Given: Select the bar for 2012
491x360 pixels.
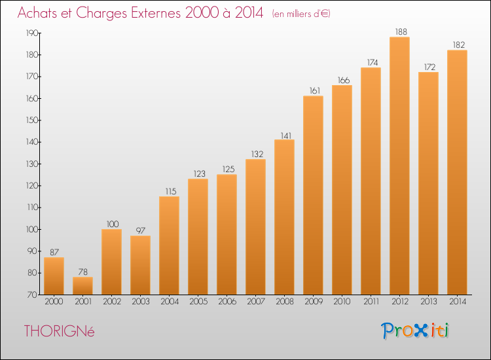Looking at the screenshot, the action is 399,166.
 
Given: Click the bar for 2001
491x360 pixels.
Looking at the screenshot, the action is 82,286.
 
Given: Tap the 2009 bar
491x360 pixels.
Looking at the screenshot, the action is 313,195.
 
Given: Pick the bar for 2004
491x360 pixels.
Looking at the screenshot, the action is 169,245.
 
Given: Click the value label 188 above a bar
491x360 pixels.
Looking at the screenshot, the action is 401,31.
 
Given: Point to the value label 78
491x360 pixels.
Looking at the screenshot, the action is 83,272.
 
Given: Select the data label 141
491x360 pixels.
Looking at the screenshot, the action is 286,136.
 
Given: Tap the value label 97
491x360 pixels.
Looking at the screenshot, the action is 141,230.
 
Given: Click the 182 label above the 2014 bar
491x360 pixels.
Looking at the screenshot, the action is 459,45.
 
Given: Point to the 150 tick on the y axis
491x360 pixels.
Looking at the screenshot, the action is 32,120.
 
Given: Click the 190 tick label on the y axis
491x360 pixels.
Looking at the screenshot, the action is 32,33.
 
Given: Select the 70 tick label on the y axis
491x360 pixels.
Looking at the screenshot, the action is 33,295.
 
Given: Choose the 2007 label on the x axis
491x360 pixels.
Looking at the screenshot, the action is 256,302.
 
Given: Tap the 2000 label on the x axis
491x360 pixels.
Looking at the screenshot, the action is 54,302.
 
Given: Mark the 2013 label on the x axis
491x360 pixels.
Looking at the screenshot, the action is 429,302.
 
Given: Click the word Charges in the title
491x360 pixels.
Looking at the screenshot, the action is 101,13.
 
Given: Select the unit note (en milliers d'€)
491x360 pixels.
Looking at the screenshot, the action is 301,14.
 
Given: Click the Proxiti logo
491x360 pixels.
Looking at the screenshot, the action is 415,331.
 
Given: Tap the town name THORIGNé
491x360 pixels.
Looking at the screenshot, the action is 59,331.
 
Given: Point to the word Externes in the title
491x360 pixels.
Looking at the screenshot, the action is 156,12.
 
